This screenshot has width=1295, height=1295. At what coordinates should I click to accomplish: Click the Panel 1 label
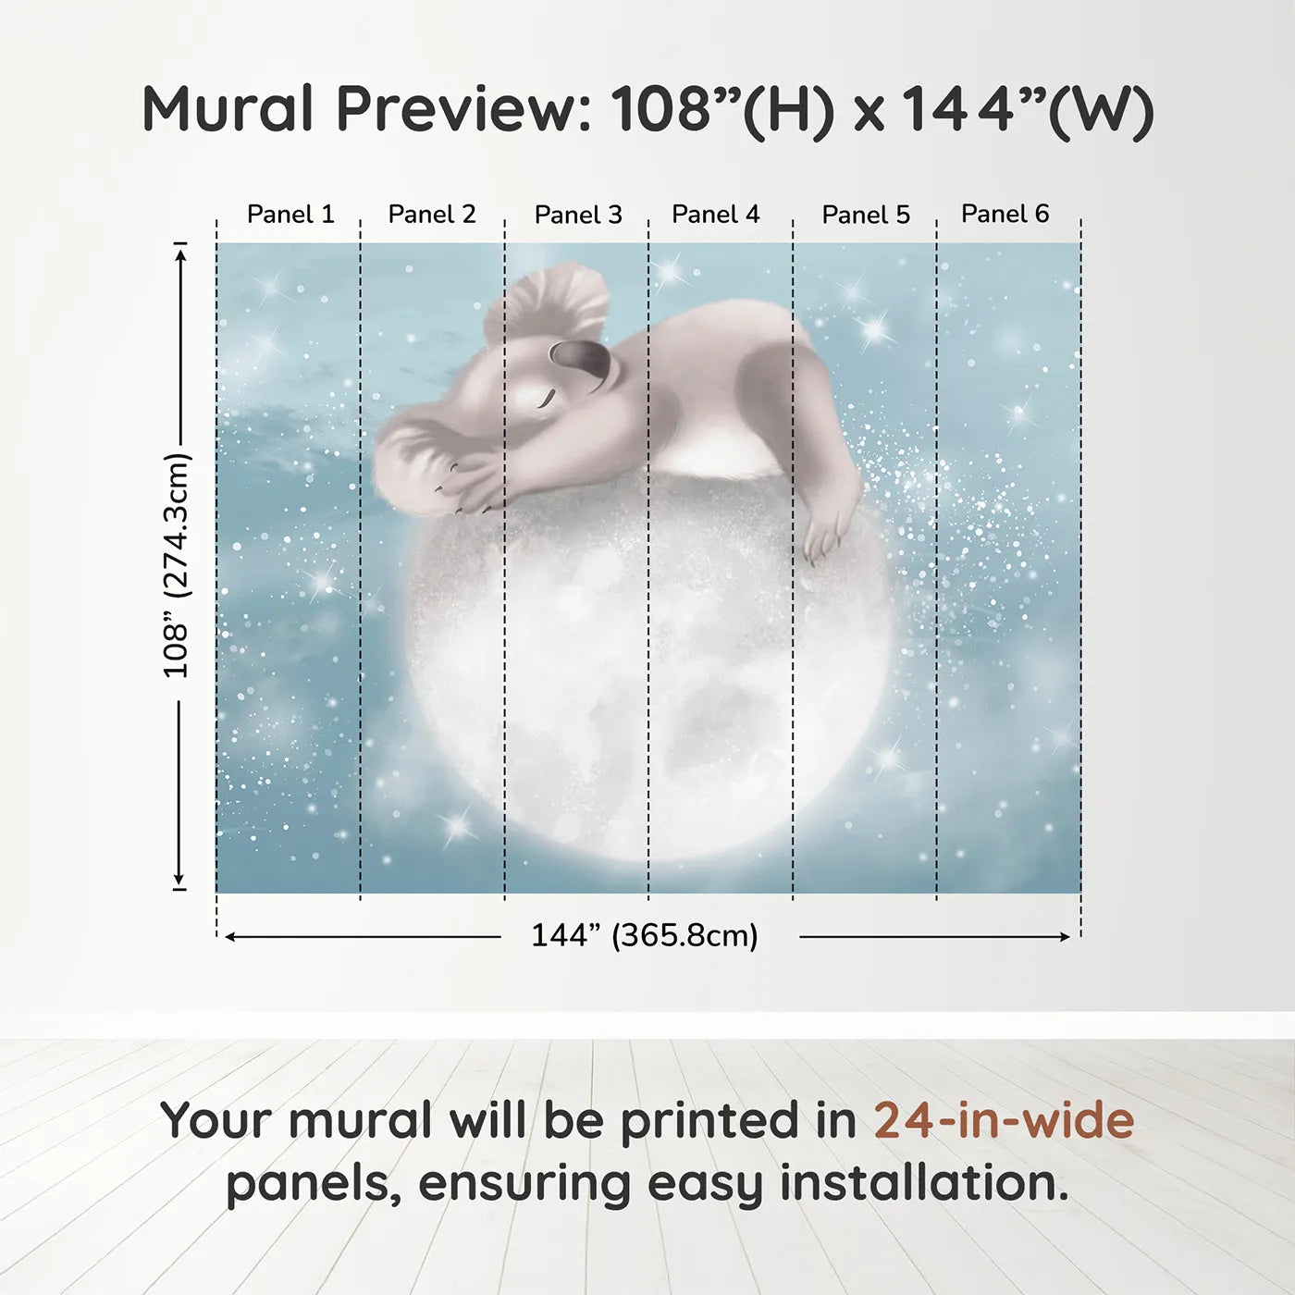click(290, 215)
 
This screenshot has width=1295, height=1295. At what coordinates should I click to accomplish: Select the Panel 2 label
click(432, 215)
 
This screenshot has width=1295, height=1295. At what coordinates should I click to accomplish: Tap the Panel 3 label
click(578, 215)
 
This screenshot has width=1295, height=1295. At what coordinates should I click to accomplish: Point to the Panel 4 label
click(716, 215)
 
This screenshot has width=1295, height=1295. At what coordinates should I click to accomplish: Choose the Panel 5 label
click(866, 215)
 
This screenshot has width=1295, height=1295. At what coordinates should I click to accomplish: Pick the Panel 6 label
click(1005, 214)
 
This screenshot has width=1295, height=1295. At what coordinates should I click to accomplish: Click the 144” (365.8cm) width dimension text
click(645, 935)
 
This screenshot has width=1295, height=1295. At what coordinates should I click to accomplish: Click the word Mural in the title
click(228, 108)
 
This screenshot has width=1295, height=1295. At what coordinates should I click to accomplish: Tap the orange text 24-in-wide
click(1004, 1120)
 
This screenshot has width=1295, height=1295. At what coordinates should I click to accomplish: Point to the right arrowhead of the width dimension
click(1064, 937)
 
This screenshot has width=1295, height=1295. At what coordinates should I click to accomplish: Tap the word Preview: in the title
click(464, 108)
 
